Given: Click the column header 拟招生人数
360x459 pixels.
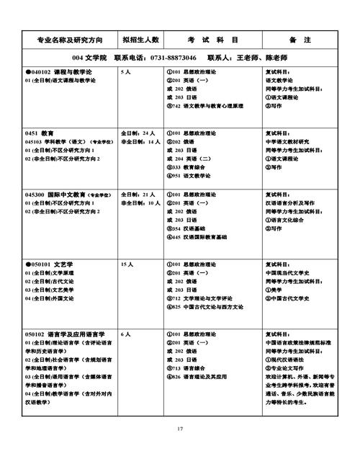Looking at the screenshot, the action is click(140, 37).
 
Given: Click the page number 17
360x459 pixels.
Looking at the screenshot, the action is click(180, 429).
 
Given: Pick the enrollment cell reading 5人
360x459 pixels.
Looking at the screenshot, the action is click(126, 73).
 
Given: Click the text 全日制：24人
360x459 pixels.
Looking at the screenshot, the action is click(138, 134).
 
